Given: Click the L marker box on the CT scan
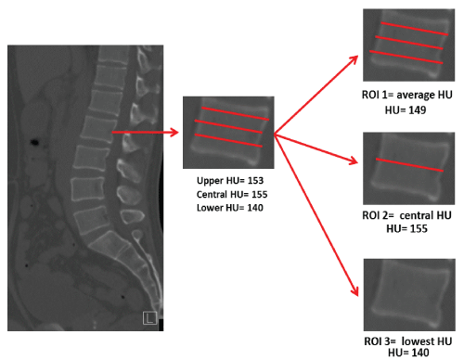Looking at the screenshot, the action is pos(149,318).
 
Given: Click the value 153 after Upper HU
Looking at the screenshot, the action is pos(255,181).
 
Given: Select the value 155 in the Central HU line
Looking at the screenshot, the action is pos(259,194).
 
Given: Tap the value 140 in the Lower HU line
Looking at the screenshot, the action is pos(255,208).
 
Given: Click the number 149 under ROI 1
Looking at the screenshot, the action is pos(418,110).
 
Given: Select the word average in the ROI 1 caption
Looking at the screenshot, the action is pos(413,96).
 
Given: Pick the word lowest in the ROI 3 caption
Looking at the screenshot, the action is pos(414,341).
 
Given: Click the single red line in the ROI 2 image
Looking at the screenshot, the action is pos(409,165).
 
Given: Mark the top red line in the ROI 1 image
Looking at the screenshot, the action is pos(415,29).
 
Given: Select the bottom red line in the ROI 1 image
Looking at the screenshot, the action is pos(406,57).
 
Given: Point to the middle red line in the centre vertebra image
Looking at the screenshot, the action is pos(228,126).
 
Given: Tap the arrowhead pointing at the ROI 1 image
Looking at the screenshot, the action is pos(354,60).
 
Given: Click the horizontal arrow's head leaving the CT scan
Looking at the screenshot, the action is pos(174,133).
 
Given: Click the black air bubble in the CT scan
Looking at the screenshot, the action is pos(34,142).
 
